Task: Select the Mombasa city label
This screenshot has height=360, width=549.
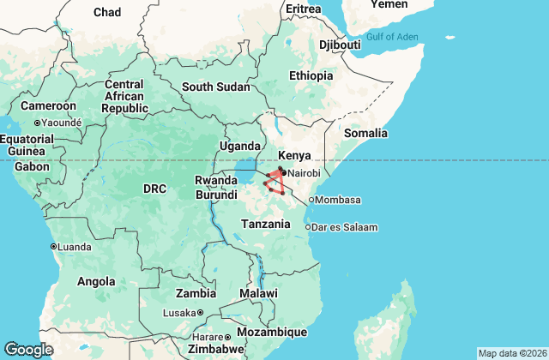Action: (339, 200)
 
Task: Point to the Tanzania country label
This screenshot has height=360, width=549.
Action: (265, 223)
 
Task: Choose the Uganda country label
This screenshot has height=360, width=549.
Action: (239, 147)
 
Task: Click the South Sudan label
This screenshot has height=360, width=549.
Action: (215, 87)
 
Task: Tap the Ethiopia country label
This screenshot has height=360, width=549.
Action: (311, 75)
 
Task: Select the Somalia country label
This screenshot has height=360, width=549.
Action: (365, 133)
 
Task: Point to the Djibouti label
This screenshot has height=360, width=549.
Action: (340, 44)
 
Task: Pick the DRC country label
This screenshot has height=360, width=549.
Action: (154, 188)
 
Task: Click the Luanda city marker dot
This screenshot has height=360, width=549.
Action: (54, 247)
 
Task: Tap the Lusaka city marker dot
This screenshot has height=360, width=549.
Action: (200, 313)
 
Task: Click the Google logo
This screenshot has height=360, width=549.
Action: (29, 349)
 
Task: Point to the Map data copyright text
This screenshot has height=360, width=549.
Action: (511, 353)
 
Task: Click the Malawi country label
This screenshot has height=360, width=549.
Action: (258, 293)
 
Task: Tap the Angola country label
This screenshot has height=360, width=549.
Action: (96, 281)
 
